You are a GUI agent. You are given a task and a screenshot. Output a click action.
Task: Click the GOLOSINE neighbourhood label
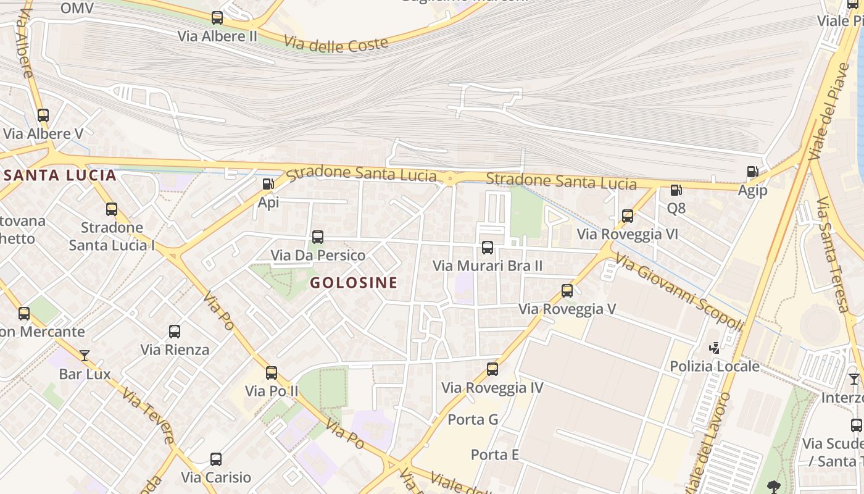click(353, 283)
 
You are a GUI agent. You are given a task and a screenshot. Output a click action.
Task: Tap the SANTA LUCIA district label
click(60, 175)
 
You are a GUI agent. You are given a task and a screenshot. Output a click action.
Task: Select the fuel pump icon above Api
click(268, 184)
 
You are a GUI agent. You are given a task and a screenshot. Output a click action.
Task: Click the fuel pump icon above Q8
click(676, 190)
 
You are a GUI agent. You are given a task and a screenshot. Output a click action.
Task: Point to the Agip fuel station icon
click(752, 172)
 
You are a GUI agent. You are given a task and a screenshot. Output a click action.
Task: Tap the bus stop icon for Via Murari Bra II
click(488, 248)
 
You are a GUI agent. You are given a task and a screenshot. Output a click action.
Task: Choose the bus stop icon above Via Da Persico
click(318, 237)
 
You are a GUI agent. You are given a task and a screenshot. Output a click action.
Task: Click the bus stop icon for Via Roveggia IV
click(492, 369)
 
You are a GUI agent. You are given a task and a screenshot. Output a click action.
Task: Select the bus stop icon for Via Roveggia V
click(567, 291)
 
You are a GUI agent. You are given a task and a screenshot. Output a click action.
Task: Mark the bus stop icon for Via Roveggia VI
click(628, 216)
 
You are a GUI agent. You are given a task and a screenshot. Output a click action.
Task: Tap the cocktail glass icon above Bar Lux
click(85, 356)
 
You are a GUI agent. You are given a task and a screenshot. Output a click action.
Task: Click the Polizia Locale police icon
click(715, 348)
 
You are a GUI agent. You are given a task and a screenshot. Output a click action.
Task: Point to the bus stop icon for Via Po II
click(272, 373)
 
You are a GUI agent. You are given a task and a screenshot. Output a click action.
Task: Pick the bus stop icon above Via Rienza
click(175, 332)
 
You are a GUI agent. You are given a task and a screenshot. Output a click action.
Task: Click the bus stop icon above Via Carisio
click(216, 459)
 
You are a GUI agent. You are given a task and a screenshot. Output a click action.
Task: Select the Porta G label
click(473, 420)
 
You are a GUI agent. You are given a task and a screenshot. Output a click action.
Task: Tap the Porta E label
click(495, 455)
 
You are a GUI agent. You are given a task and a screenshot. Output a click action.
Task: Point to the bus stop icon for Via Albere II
click(217, 18)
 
